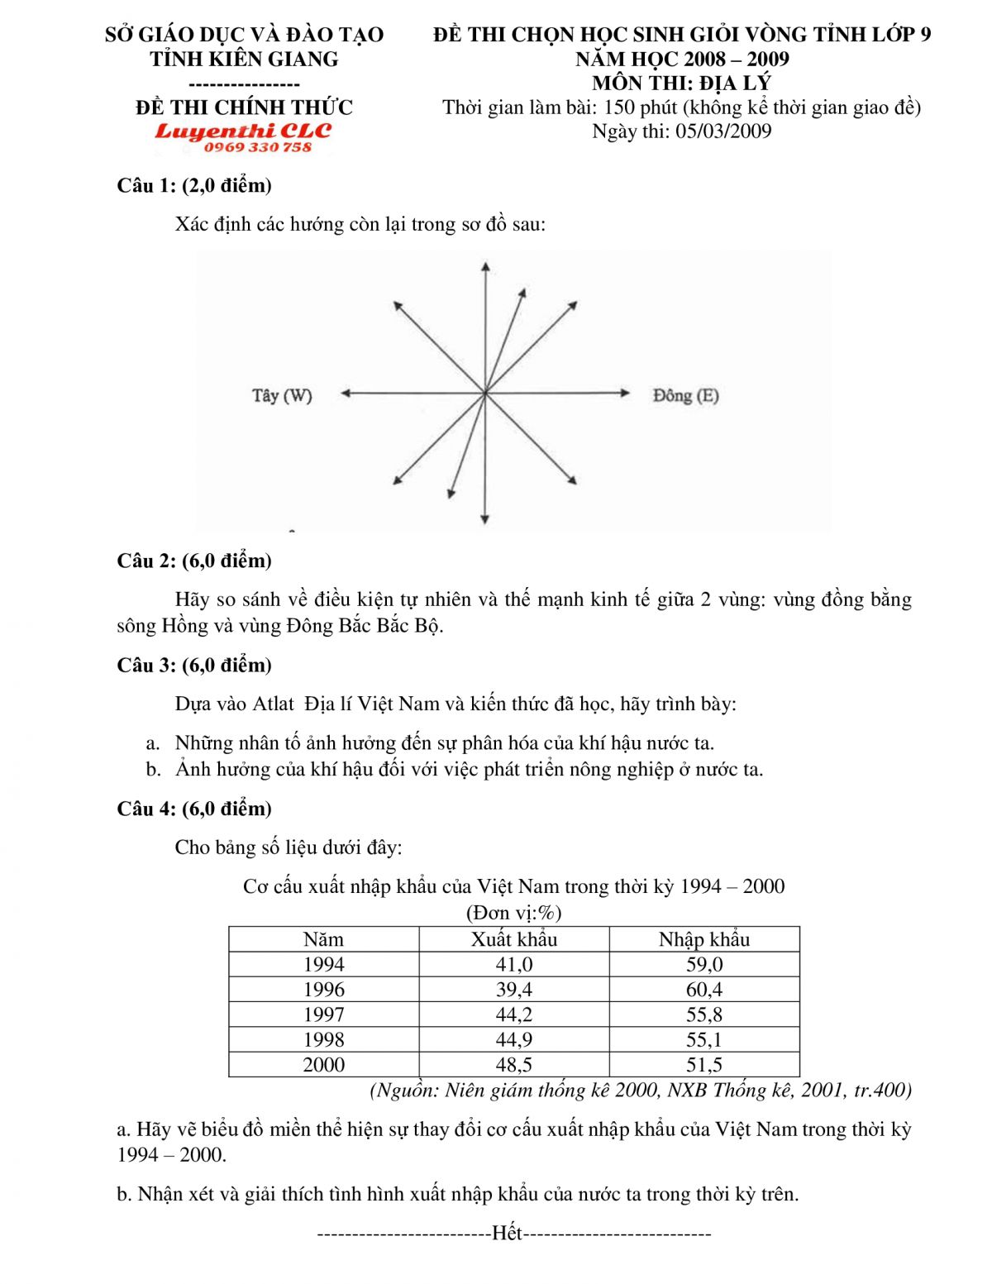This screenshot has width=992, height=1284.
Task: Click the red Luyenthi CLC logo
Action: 243,131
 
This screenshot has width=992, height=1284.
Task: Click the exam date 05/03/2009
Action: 723,131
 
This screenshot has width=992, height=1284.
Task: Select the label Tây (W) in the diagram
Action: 282,395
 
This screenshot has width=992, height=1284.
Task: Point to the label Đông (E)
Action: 685,395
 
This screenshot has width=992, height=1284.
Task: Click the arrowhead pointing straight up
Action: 485,266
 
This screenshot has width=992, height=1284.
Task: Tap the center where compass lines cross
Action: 485,394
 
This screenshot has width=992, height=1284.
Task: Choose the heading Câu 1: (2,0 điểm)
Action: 194,185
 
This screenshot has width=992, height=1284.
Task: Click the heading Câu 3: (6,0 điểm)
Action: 194,666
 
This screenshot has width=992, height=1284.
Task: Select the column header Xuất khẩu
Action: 513,939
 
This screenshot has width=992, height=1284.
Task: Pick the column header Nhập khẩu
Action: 703,939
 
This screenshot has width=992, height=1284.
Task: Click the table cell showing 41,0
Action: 513,965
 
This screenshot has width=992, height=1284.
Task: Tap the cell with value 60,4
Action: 703,990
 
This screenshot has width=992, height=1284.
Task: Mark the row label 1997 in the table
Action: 323,1014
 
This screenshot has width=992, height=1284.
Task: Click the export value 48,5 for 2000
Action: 513,1065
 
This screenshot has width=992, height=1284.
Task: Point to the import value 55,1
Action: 703,1040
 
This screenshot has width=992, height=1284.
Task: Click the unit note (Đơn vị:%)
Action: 513,913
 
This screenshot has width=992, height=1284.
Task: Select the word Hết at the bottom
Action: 507,1234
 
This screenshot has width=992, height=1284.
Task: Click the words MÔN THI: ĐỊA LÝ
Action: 681,83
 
